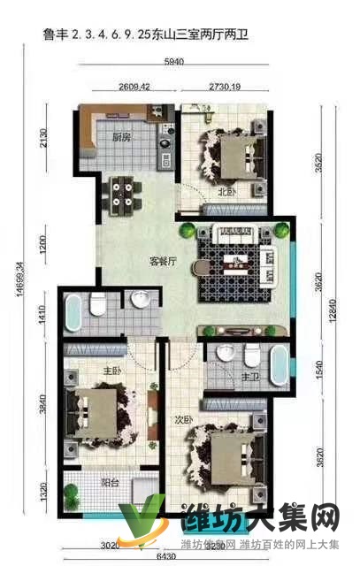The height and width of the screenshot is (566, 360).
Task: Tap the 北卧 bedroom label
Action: click(x=226, y=191)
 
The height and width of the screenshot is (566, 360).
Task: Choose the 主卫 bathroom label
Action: click(x=249, y=378)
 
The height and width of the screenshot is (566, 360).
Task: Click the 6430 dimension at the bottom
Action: click(x=167, y=557)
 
